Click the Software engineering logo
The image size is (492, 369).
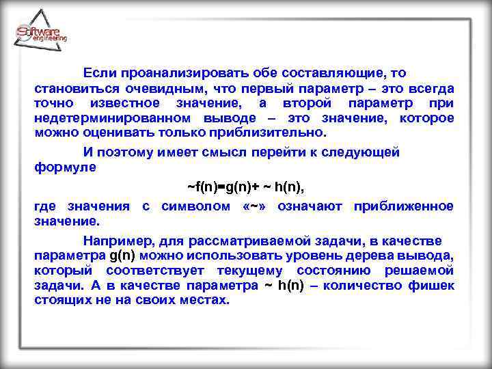pyautogui.click(x=41, y=34)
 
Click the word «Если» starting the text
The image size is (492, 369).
pyautogui.click(x=98, y=72)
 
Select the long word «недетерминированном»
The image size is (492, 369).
pyautogui.click(x=102, y=118)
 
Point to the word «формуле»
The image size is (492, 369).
pyautogui.click(x=65, y=167)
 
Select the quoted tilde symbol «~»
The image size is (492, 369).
pyautogui.click(x=256, y=206)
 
